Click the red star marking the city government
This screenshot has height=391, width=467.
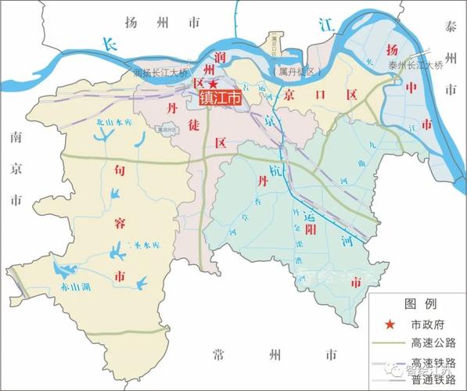[213, 83]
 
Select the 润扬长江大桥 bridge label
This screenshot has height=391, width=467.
[161, 74]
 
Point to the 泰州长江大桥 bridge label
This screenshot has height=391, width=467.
[415, 66]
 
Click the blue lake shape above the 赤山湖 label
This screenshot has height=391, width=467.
[61, 271]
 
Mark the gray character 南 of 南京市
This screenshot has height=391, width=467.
[15, 138]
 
